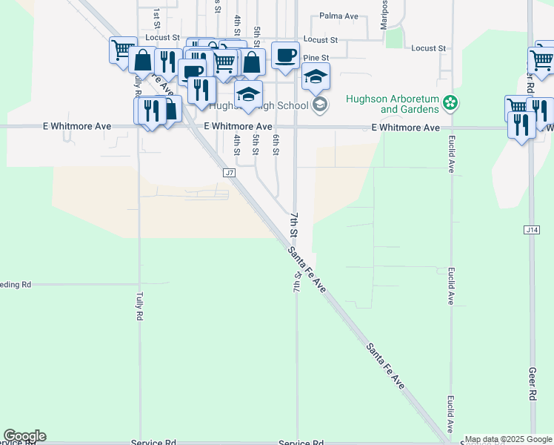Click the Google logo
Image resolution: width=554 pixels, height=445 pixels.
coord(24,436)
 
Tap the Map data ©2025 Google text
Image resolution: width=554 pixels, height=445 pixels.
coord(508,439)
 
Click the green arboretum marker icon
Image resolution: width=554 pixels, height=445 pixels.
coord(450,102)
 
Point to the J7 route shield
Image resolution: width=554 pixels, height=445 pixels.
coord(229,172)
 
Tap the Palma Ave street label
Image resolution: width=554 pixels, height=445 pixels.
coord(338,15)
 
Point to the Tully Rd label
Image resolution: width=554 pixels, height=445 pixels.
coord(138,306)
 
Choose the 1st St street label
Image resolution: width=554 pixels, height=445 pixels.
coord(157,15)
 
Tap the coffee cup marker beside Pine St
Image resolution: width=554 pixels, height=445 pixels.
coord(285,55)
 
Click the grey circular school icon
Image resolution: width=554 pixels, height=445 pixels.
coord(319,104)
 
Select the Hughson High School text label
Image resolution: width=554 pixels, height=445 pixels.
coord(259,105)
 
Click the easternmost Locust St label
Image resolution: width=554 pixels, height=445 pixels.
coord(429,48)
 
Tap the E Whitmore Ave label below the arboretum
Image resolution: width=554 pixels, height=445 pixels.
coord(405,128)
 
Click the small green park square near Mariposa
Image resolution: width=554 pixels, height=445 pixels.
coord(393,38)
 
